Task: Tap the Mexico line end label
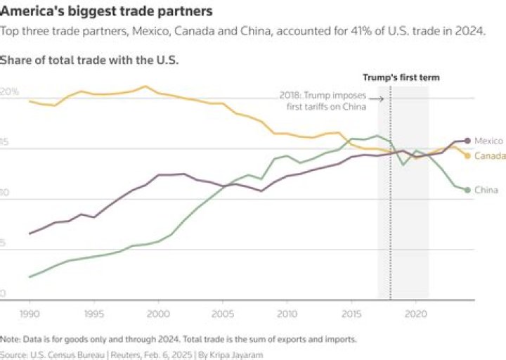pos(488,141)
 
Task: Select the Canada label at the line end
pos(490,155)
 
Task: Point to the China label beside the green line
pos(486,190)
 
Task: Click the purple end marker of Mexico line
pos(467,141)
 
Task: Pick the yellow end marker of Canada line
pos(467,155)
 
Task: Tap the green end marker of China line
pos(467,190)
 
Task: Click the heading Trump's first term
pos(401,77)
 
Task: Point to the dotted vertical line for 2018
pos(390,211)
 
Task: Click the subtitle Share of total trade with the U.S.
pos(89,60)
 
